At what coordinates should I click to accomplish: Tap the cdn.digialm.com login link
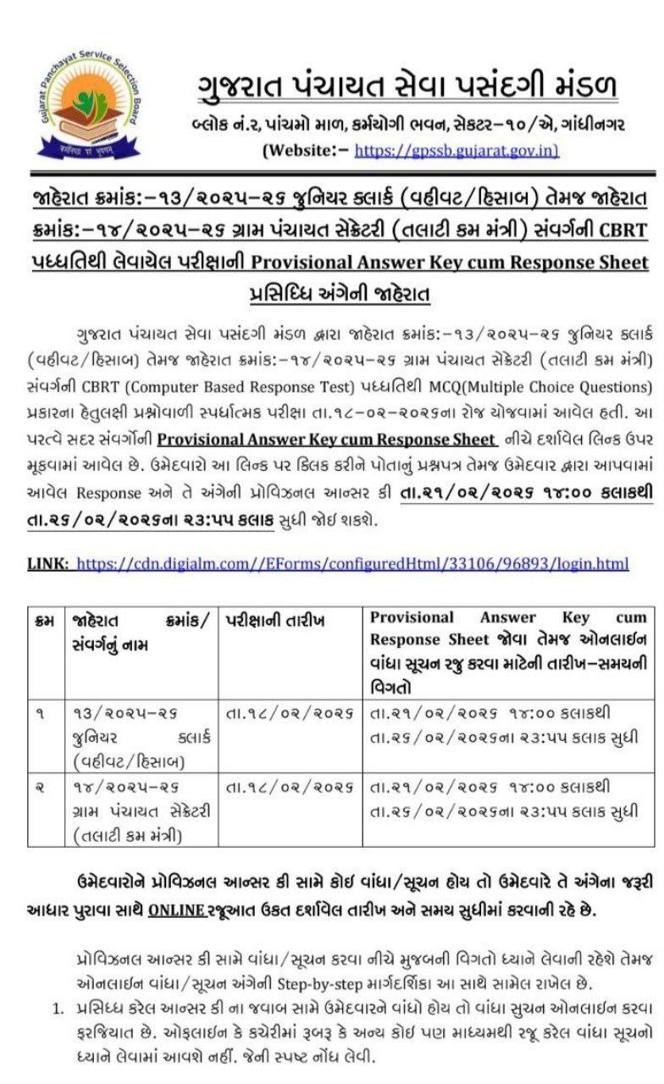pyautogui.click(x=352, y=563)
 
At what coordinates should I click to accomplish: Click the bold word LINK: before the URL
pyautogui.click(x=48, y=563)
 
